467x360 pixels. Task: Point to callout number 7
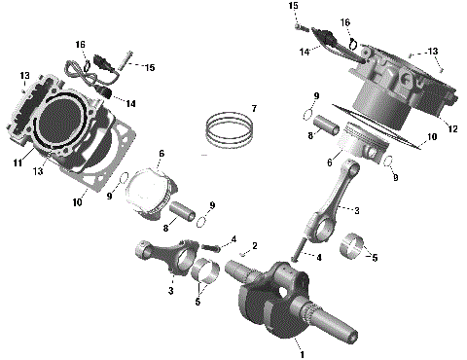tap(253, 107)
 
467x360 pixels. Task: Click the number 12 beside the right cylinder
tap(451, 128)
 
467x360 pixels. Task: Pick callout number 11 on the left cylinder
tap(16, 163)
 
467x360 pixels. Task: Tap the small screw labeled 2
tap(242, 256)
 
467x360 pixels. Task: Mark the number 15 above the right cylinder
tap(292, 6)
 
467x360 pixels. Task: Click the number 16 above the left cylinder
tap(80, 44)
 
